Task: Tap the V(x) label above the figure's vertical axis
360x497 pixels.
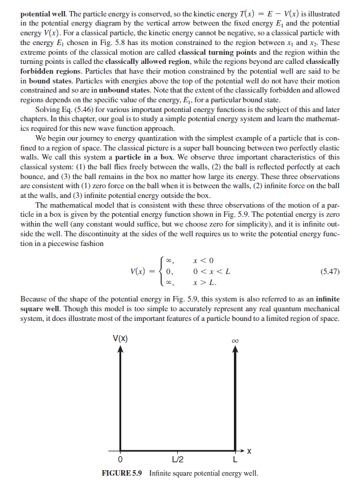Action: pyautogui.click(x=119, y=338)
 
